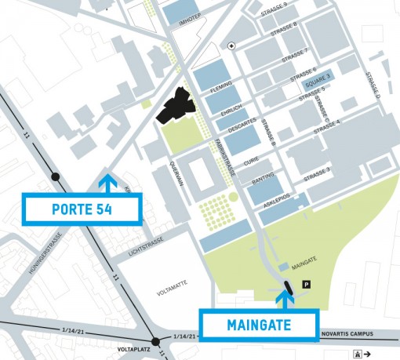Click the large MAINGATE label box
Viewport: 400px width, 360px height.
(259, 323)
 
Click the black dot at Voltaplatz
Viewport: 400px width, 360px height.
(156, 341)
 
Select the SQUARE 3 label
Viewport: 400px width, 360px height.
(318, 78)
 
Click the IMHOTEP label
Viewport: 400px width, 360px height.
(192, 24)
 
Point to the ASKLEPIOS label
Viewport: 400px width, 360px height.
(277, 199)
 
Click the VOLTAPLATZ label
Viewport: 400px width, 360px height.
(134, 351)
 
